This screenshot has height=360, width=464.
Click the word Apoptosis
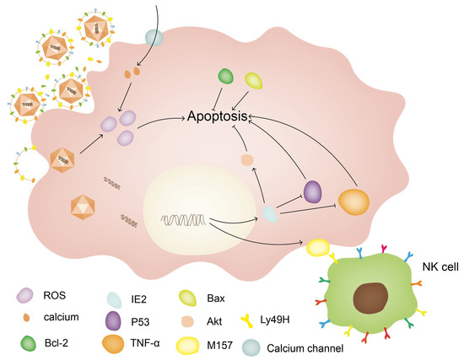coord(219,119)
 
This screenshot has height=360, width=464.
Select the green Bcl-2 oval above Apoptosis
coord(226,76)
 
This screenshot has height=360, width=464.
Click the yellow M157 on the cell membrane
coord(319,247)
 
